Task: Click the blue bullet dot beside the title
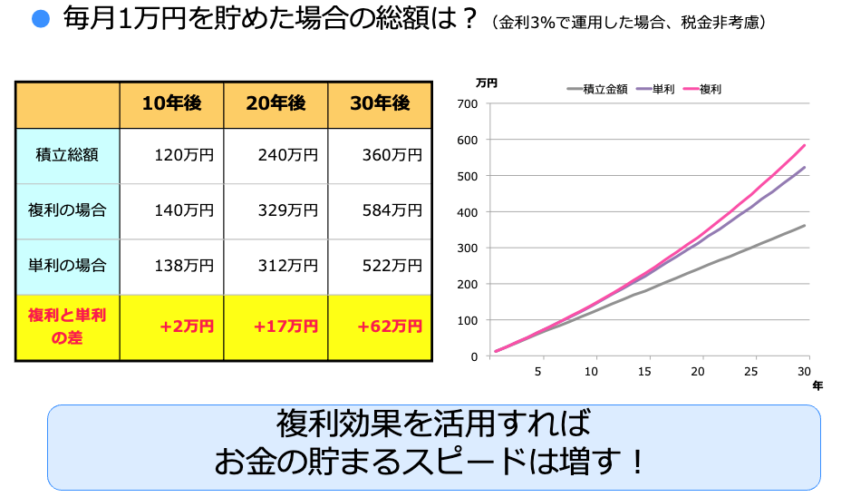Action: pyautogui.click(x=39, y=20)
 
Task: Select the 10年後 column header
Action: pyautogui.click(x=171, y=103)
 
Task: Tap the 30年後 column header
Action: pyautogui.click(x=380, y=103)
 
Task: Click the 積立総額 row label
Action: pyautogui.click(x=67, y=155)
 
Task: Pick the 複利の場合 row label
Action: pyautogui.click(x=67, y=210)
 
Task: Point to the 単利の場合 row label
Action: pyautogui.click(x=67, y=266)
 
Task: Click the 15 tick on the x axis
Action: pyautogui.click(x=645, y=372)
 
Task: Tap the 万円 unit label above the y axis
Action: pyautogui.click(x=486, y=83)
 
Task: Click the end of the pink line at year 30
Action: pyautogui.click(x=804, y=145)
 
